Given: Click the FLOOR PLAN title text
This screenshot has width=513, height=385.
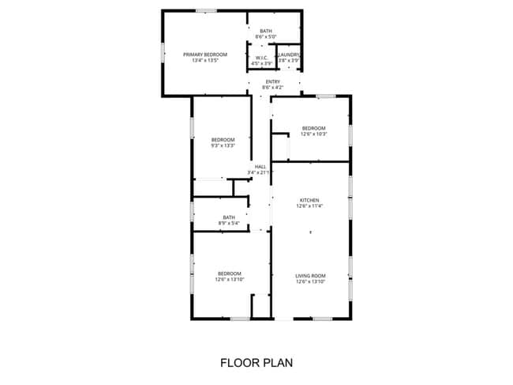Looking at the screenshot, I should (256, 364).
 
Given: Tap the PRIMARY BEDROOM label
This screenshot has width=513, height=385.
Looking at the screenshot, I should (205, 55).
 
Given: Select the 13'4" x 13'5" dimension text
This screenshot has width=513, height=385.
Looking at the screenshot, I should (205, 60).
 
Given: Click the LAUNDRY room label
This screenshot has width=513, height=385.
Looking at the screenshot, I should (289, 55).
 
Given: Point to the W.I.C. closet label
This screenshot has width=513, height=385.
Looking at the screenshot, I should (260, 58).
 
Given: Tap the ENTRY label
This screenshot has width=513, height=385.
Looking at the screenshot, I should (273, 81).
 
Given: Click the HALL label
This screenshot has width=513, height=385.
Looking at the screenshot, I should (260, 166).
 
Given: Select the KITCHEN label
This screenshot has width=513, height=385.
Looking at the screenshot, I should (309, 200).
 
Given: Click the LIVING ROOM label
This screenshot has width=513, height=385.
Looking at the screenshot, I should (310, 276).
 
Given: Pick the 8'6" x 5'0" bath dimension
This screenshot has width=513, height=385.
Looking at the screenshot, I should (266, 36).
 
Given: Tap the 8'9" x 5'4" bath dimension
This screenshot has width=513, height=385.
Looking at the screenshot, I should (229, 223).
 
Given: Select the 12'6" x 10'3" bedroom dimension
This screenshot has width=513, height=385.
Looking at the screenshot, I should (313, 134).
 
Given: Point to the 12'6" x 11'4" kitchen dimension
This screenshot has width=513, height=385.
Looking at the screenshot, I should (309, 206).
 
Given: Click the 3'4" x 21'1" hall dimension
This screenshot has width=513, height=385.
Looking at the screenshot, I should (260, 172).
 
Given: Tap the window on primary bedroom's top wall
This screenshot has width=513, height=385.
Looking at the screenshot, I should (207, 10).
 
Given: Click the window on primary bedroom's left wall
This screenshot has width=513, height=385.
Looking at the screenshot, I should (163, 51).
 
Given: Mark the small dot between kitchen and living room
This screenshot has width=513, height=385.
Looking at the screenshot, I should (310, 232).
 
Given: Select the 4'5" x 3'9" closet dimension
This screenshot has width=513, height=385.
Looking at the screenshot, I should (260, 63).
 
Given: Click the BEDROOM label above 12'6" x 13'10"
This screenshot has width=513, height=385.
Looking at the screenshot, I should (229, 274).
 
